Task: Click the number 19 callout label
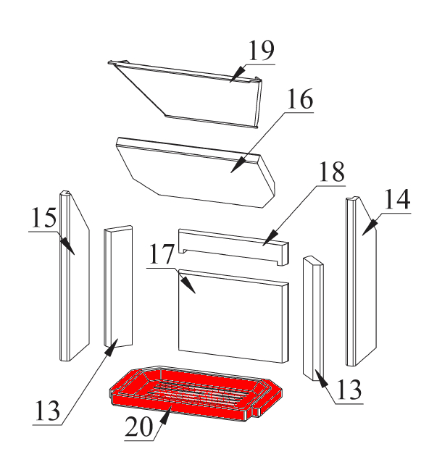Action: (x=262, y=51)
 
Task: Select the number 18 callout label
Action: (x=332, y=172)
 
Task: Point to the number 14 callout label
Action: (x=397, y=199)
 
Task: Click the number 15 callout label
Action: (x=43, y=218)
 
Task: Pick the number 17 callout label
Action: (x=162, y=254)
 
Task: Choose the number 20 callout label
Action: (x=139, y=427)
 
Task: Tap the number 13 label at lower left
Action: (x=48, y=411)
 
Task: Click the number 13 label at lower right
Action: (x=349, y=390)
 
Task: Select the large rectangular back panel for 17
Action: (x=233, y=316)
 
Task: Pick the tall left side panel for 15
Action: (x=75, y=276)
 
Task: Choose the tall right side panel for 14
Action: (x=362, y=282)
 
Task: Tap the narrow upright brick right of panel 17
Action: (x=313, y=318)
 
